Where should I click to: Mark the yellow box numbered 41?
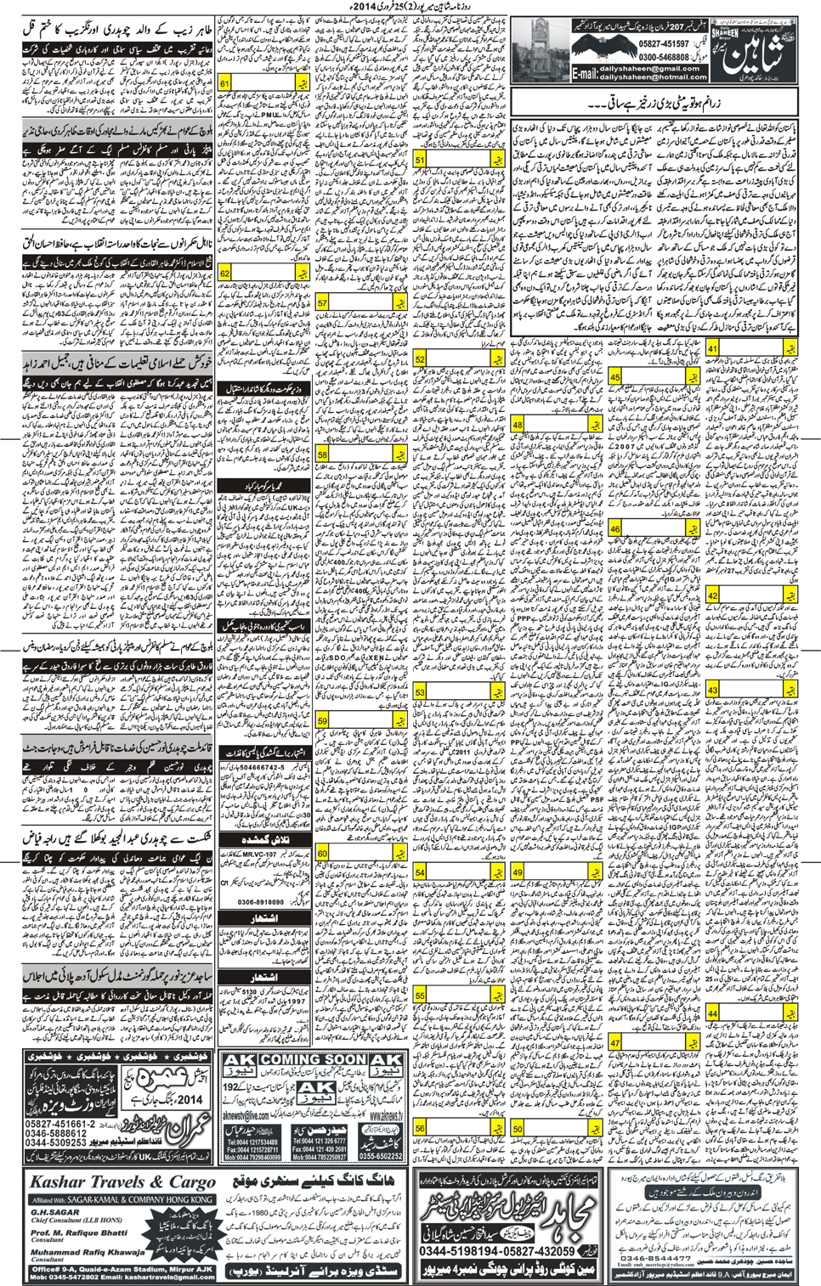712,349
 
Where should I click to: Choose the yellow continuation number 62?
225,274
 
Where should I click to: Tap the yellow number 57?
323,303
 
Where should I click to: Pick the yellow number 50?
518,1128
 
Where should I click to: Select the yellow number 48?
518,425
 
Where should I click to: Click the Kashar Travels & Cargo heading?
122,1182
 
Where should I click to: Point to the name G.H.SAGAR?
55,1212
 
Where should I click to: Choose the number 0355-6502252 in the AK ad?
381,1156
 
